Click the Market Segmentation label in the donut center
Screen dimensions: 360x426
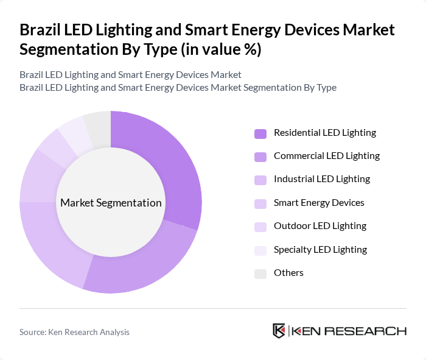(111, 203)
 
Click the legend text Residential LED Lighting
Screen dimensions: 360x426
(324, 133)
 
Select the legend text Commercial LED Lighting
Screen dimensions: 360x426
(326, 156)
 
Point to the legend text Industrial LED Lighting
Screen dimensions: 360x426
(321, 179)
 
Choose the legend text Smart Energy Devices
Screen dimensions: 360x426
(319, 202)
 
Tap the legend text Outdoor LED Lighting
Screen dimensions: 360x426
(319, 226)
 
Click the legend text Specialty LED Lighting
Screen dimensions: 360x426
(320, 249)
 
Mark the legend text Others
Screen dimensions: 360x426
(288, 273)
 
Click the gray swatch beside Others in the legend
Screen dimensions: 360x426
(260, 273)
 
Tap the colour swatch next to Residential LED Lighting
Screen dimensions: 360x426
(260, 133)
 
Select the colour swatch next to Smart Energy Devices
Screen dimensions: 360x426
(260, 203)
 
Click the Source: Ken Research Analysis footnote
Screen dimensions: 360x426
(74, 332)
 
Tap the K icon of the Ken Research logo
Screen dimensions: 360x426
(279, 331)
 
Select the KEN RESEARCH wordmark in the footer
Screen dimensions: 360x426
(349, 331)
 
